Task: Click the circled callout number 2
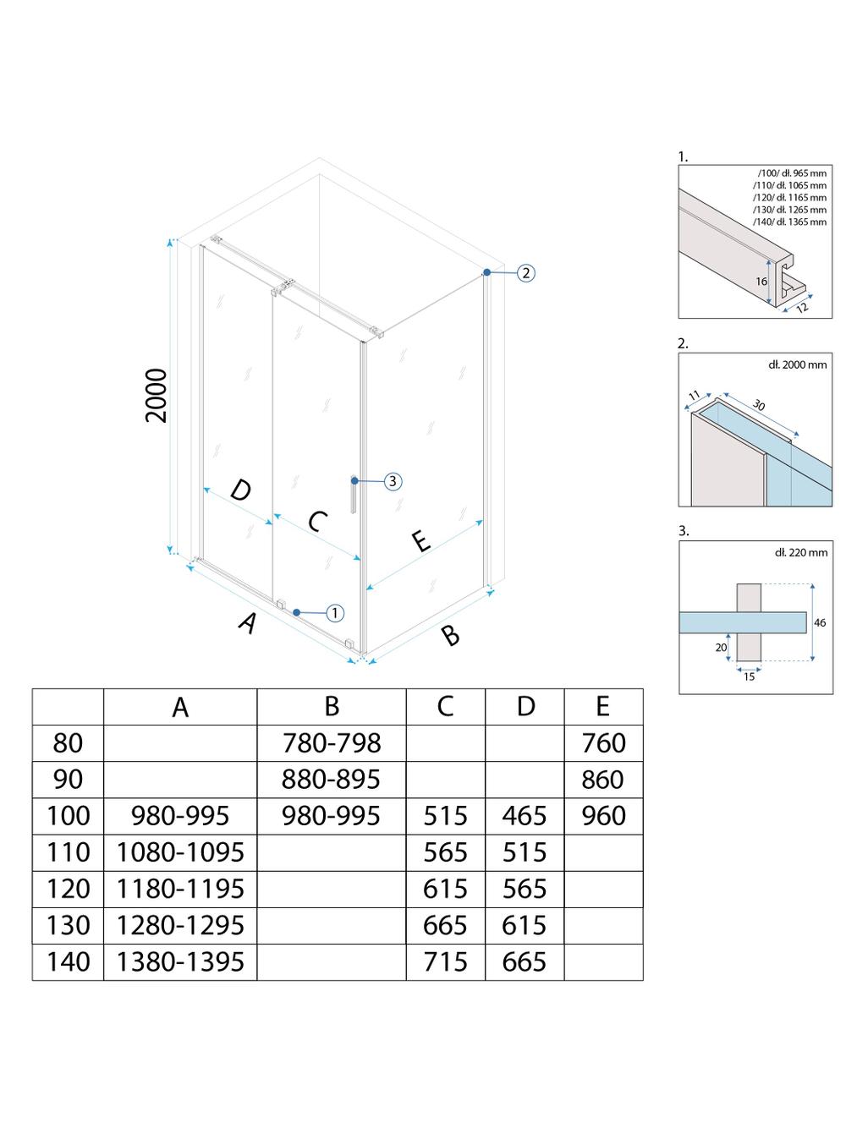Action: coord(525,272)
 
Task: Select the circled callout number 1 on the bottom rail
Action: coord(334,612)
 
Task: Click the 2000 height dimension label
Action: coord(157,396)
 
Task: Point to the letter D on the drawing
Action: coord(240,490)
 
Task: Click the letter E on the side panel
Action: coord(420,541)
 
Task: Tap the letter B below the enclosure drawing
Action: coord(451,634)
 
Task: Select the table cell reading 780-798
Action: coord(331,743)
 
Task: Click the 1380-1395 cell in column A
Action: coord(180,962)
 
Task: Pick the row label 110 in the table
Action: coord(68,852)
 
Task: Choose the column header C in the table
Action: coord(445,707)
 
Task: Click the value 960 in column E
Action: coord(603,816)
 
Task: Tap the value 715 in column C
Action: coord(445,962)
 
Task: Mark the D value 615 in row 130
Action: coord(525,925)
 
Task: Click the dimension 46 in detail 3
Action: coord(819,622)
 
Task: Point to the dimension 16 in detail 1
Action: coord(761,282)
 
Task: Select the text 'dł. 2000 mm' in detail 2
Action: coord(797,364)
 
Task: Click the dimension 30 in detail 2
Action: coord(758,406)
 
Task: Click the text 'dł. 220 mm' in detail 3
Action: coord(800,552)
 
